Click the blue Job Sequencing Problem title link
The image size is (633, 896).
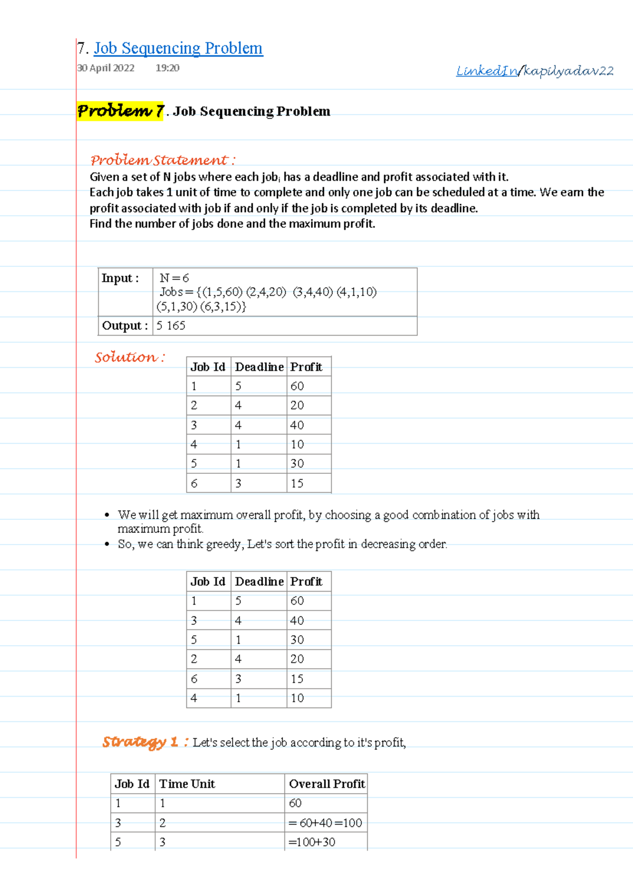tap(178, 49)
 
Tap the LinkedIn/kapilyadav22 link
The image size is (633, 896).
tap(534, 71)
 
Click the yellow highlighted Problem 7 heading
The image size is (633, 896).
tap(120, 111)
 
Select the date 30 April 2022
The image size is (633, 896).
tap(105, 68)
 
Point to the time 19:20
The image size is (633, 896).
tap(167, 68)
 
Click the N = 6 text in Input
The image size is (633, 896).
tap(174, 278)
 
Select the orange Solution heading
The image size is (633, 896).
tap(129, 357)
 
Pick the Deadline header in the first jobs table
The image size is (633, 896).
tap(259, 367)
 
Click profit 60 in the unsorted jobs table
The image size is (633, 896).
tap(297, 386)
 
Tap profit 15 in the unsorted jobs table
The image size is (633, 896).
tap(297, 483)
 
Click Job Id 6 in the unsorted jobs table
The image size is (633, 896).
tap(194, 483)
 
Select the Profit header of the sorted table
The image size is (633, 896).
tap(306, 582)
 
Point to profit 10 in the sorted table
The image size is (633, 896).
tap(297, 698)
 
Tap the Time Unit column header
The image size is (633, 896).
tap(187, 784)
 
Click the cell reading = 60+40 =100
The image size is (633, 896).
tap(325, 823)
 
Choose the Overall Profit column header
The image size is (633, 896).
tap(327, 784)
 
